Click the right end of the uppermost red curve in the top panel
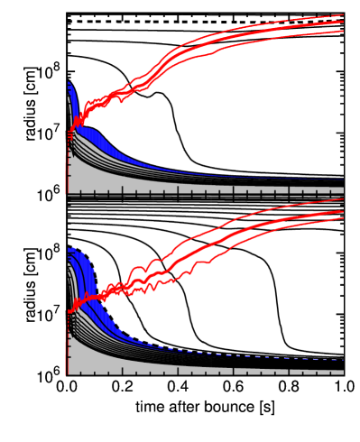coord(343,15)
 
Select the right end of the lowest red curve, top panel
coord(343,32)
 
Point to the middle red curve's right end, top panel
coord(343,23)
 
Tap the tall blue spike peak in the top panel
coord(69,84)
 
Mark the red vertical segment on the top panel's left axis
coord(67,175)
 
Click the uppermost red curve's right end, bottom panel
coord(343,200)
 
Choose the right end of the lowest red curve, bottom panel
coord(343,218)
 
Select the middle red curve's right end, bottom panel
coord(343,211)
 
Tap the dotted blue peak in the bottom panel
coord(72,249)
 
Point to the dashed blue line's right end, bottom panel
coord(342,360)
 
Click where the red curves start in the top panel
coord(69,134)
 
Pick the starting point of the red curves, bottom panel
coord(69,312)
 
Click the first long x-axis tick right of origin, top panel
coord(122,191)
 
